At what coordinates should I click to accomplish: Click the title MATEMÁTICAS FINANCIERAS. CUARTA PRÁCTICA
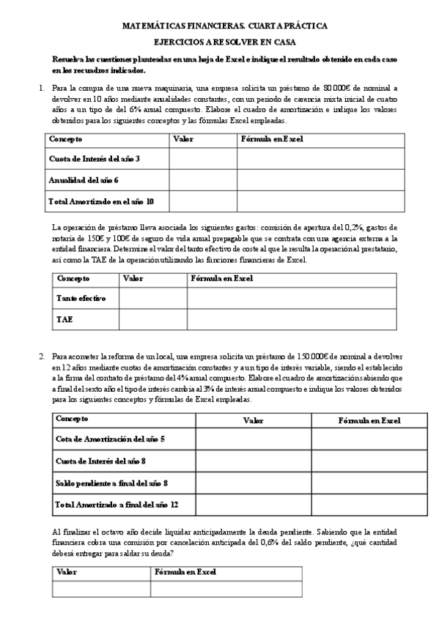point(224,26)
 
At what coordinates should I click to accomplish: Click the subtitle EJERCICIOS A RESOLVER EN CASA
point(224,42)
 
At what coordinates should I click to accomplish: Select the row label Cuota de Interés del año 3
point(94,159)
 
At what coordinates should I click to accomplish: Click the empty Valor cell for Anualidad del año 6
point(203,179)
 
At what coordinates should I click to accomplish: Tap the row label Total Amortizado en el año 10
point(101,200)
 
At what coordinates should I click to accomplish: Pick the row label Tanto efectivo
point(81,299)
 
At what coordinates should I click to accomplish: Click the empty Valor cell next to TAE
point(152,319)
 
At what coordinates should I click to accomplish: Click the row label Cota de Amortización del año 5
point(111,439)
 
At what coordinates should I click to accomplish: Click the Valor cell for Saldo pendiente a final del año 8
point(254,483)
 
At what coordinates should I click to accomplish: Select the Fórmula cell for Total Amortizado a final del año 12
point(369,505)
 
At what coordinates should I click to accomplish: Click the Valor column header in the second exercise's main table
point(254,420)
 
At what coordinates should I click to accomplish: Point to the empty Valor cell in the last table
point(101,589)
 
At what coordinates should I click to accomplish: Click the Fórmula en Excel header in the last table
point(186,572)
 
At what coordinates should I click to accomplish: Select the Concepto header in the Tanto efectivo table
point(73,279)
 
